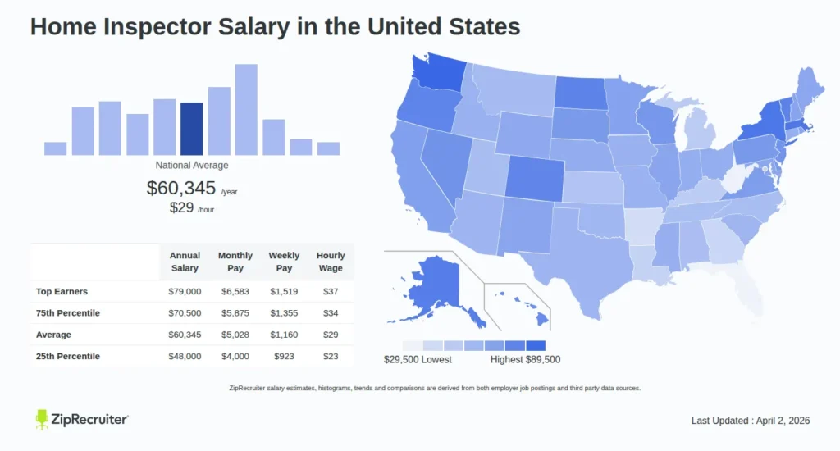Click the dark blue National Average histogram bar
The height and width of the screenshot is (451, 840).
191,129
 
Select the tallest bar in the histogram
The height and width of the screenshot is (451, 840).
246,110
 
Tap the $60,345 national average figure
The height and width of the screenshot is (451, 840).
182,188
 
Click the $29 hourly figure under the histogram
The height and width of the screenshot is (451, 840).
181,207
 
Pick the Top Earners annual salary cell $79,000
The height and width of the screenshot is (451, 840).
185,292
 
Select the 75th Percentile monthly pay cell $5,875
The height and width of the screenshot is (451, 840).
235,313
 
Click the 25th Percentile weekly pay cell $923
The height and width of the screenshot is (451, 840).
284,356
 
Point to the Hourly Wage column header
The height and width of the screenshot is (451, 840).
331,262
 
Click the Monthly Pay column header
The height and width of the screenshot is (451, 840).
235,262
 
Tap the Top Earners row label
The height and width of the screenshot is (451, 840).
62,292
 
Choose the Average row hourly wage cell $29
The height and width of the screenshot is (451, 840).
331,335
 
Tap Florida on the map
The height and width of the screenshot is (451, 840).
743,283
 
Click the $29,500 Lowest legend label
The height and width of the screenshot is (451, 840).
418,359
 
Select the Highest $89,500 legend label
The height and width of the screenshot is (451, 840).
525,359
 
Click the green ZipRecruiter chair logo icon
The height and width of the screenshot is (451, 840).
43,419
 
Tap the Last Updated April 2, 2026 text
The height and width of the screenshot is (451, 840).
750,421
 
